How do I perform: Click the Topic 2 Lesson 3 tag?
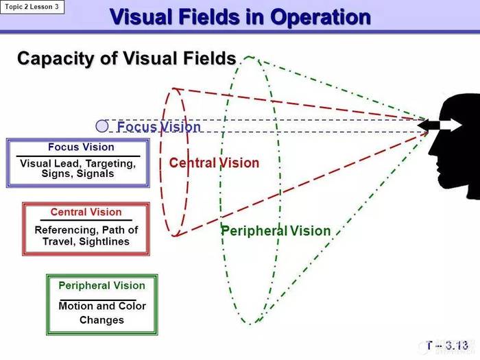pyautogui.click(x=32, y=7)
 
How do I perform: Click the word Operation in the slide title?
pyautogui.click(x=320, y=17)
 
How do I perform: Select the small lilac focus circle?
pyautogui.click(x=102, y=125)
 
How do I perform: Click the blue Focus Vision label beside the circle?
pyautogui.click(x=159, y=126)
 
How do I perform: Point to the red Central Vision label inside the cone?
pyautogui.click(x=214, y=163)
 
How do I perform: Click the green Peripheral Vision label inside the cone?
pyautogui.click(x=276, y=231)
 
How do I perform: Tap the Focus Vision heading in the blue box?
pyautogui.click(x=81, y=147)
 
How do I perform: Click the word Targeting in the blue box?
pyautogui.click(x=110, y=164)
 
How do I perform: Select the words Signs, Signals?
pyautogui.click(x=77, y=173)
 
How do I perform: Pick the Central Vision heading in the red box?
pyautogui.click(x=86, y=212)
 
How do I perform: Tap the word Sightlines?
pyautogui.click(x=104, y=241)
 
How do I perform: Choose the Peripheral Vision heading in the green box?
pyautogui.click(x=102, y=286)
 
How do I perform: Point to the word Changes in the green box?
pyautogui.click(x=102, y=320)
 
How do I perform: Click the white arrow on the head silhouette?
pyautogui.click(x=451, y=125)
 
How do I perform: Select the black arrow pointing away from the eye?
pyautogui.click(x=429, y=125)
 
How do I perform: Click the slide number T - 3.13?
pyautogui.click(x=447, y=346)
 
